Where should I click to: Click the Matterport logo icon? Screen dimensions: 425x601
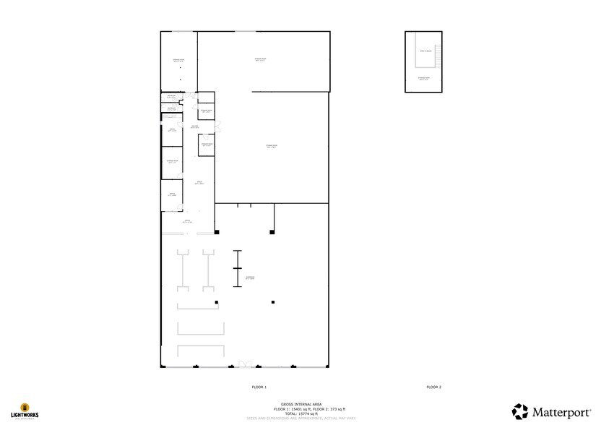(x=520, y=411)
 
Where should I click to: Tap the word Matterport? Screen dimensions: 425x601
(x=561, y=412)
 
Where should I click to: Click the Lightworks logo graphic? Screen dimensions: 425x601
(x=25, y=408)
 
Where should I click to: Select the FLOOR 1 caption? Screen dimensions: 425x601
(x=259, y=387)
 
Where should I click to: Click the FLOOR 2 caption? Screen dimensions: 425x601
(x=433, y=387)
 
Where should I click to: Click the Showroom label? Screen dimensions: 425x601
(x=250, y=277)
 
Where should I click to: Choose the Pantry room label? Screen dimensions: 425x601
(x=173, y=130)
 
